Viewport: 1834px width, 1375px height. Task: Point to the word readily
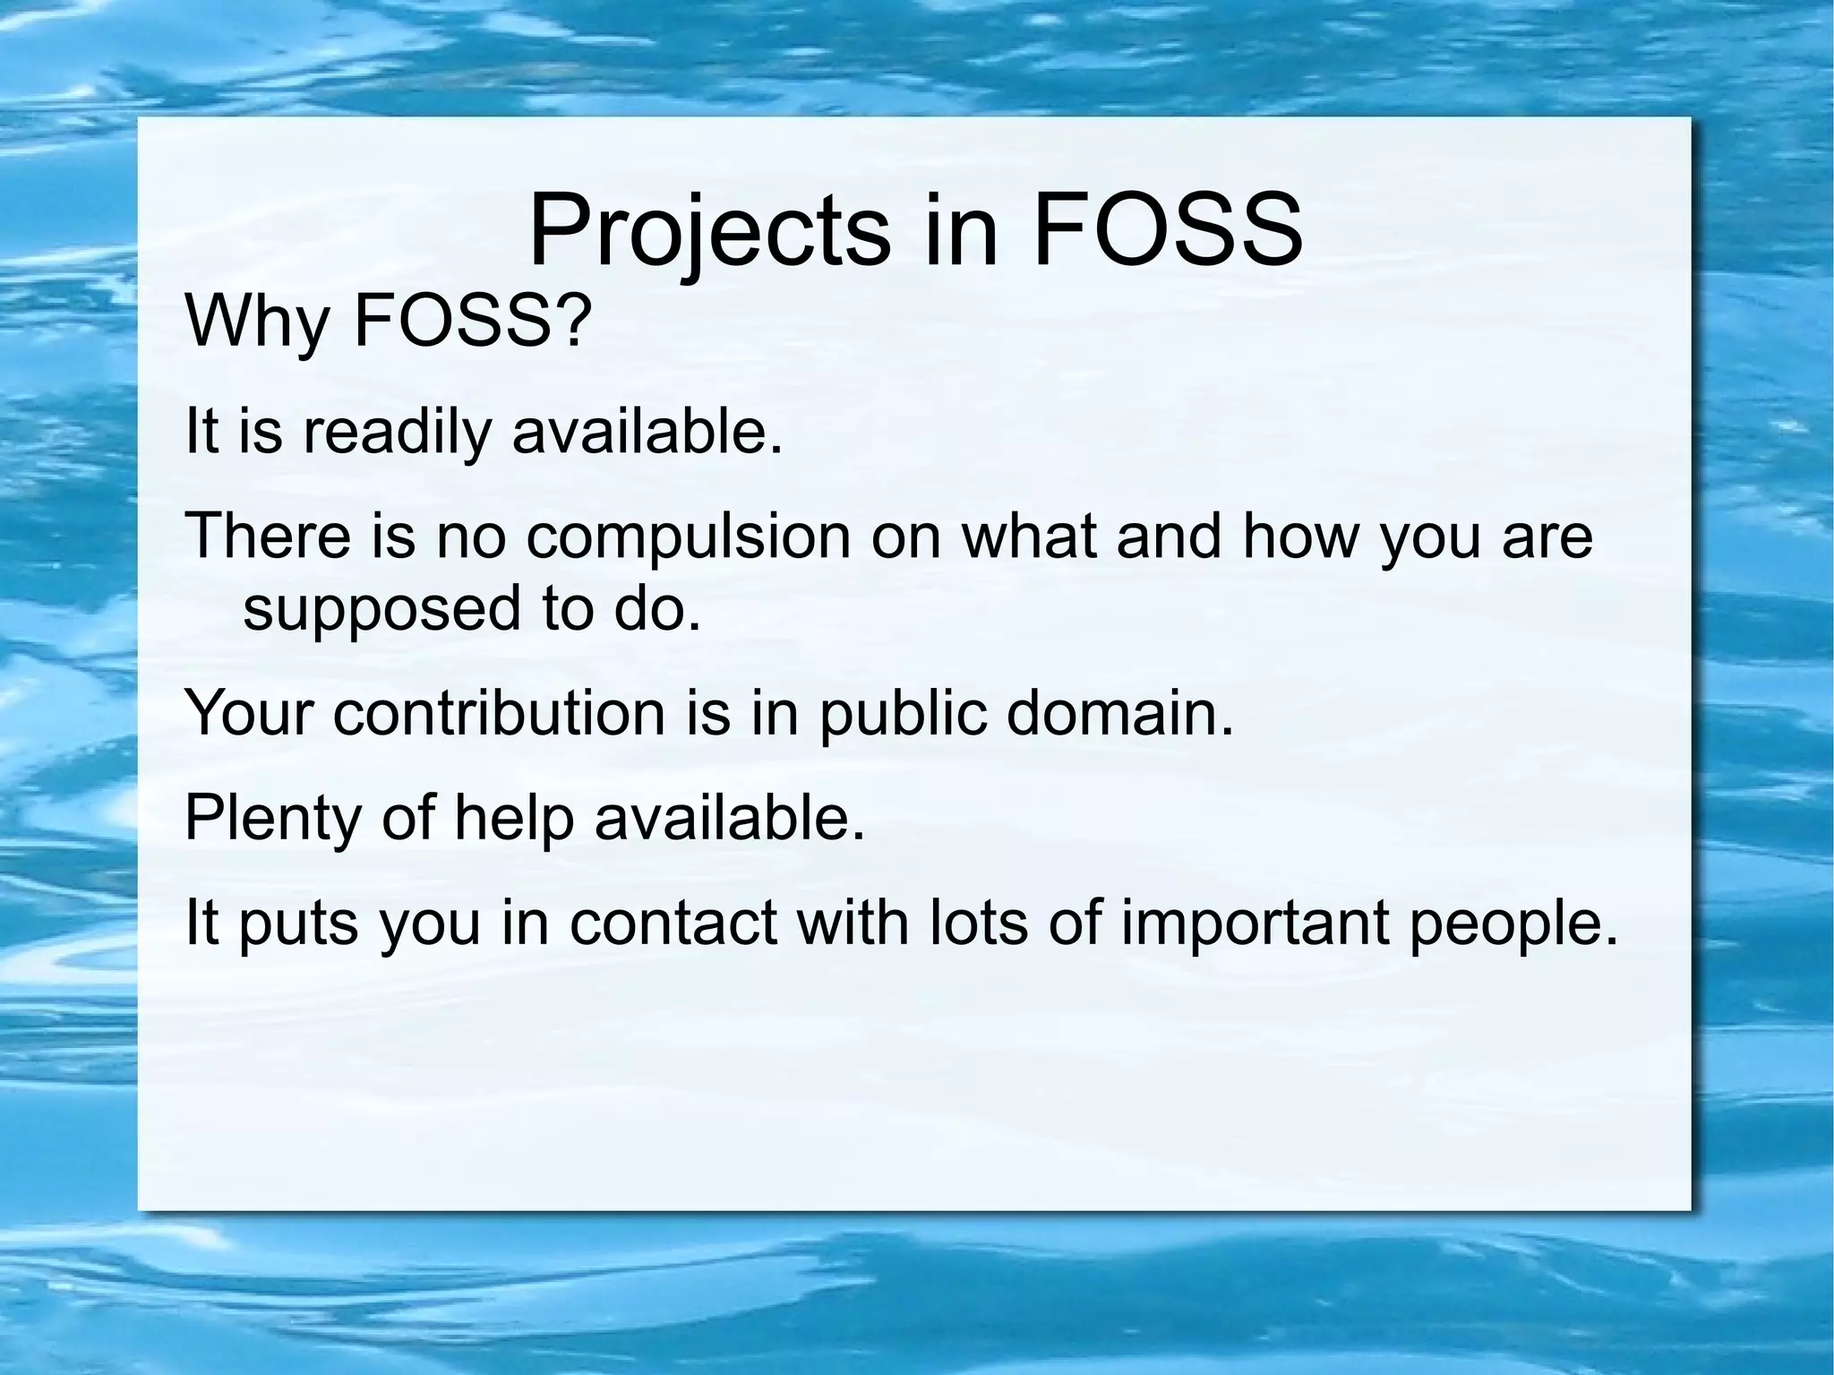[x=397, y=432]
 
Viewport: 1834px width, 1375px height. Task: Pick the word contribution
[x=499, y=713]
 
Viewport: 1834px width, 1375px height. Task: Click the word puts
[x=297, y=924]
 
